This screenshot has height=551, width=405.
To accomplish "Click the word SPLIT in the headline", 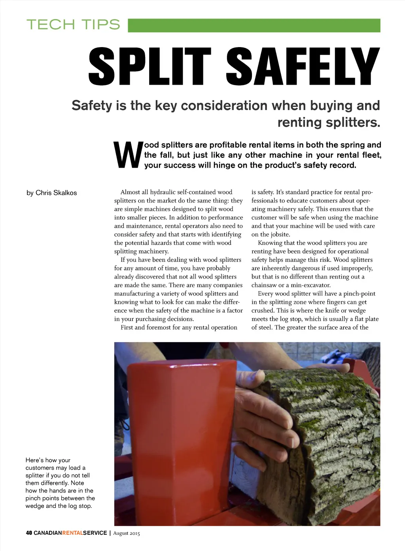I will pos(150,66).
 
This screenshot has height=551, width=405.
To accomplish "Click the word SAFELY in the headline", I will pos(303,66).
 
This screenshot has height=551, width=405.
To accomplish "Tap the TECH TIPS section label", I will pos(73,25).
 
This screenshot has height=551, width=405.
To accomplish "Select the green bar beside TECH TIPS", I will pos(254,25).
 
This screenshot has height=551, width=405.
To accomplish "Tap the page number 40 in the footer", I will pos(29,533).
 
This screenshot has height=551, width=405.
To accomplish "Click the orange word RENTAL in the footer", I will pos(72,533).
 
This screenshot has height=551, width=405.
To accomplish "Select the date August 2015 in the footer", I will pos(127,533).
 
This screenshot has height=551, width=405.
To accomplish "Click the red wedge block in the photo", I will pos(178,427).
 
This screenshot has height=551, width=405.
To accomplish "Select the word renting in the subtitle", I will pos(299,123).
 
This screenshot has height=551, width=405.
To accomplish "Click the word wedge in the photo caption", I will pos(35,506).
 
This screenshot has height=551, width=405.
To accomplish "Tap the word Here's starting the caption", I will pos(34,460).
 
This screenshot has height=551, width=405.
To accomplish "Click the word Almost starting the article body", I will pos(131,192).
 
